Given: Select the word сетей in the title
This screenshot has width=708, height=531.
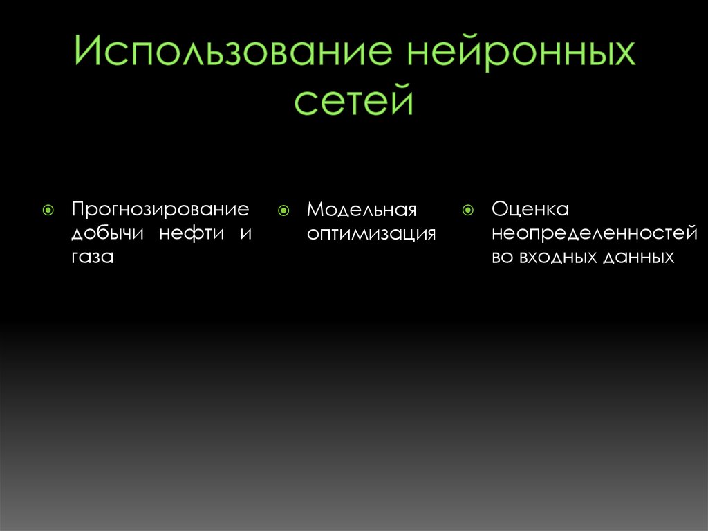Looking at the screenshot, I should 353,102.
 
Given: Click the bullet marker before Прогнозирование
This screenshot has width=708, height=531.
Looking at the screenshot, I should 48,208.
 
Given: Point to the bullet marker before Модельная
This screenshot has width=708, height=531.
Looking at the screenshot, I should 283,208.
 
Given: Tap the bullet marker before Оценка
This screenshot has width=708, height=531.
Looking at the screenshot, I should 468,208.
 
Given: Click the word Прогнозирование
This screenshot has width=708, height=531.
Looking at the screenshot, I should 160,208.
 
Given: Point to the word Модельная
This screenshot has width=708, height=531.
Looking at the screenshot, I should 362,208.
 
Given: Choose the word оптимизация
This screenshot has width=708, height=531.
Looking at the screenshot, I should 371,233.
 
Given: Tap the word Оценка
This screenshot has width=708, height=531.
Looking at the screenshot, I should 530,208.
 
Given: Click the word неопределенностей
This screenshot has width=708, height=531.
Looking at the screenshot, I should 594,233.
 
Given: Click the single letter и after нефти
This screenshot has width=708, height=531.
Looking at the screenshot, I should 245,234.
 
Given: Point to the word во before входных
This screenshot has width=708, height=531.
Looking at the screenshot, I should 503,258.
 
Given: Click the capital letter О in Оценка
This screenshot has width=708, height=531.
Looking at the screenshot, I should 500,208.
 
